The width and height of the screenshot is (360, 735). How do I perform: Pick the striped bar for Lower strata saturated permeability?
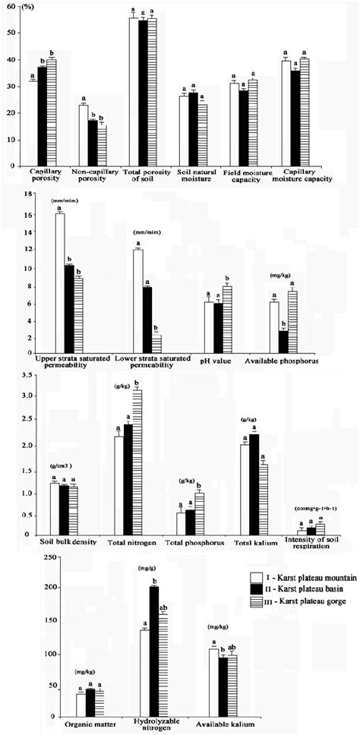pyautogui.click(x=156, y=342)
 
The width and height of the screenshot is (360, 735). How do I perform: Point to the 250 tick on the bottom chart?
pyautogui.click(x=27, y=557)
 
